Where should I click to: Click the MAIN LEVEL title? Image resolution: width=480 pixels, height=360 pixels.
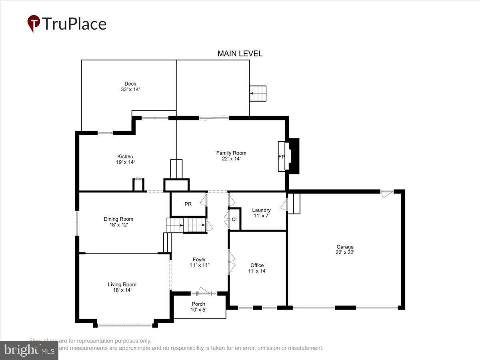[240, 54]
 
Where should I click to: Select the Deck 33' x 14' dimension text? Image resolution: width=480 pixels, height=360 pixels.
[130, 90]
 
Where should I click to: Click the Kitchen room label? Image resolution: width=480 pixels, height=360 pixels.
[125, 156]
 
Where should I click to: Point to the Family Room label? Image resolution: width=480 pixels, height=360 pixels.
[231, 153]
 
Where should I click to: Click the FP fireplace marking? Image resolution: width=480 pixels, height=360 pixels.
[282, 157]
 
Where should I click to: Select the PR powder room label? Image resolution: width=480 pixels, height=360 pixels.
[188, 204]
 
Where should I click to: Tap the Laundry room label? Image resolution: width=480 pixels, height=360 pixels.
[261, 210]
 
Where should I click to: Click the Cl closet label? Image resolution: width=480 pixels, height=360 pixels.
[234, 219]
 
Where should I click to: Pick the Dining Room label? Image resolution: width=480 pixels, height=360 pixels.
[118, 219]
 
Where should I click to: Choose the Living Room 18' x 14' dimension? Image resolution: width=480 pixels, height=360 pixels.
[122, 290]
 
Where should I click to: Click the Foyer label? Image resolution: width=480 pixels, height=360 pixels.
[199, 260]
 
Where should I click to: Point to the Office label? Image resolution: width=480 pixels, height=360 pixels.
[257, 265]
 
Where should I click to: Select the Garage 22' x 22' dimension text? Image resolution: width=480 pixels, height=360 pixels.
[344, 252]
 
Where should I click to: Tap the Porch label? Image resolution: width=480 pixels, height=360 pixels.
[198, 304]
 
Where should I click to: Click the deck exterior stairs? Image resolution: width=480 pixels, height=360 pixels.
[258, 94]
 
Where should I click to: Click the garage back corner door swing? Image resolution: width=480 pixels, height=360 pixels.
[387, 194]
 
